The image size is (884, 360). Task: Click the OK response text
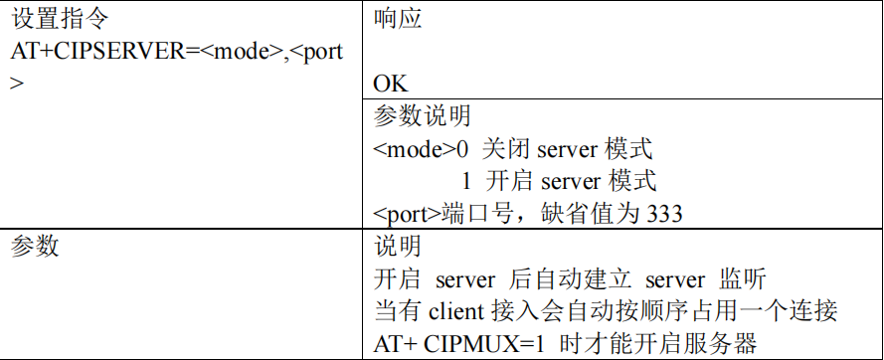click(390, 83)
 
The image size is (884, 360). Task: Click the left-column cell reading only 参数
click(35, 246)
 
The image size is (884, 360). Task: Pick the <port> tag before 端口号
click(405, 213)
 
